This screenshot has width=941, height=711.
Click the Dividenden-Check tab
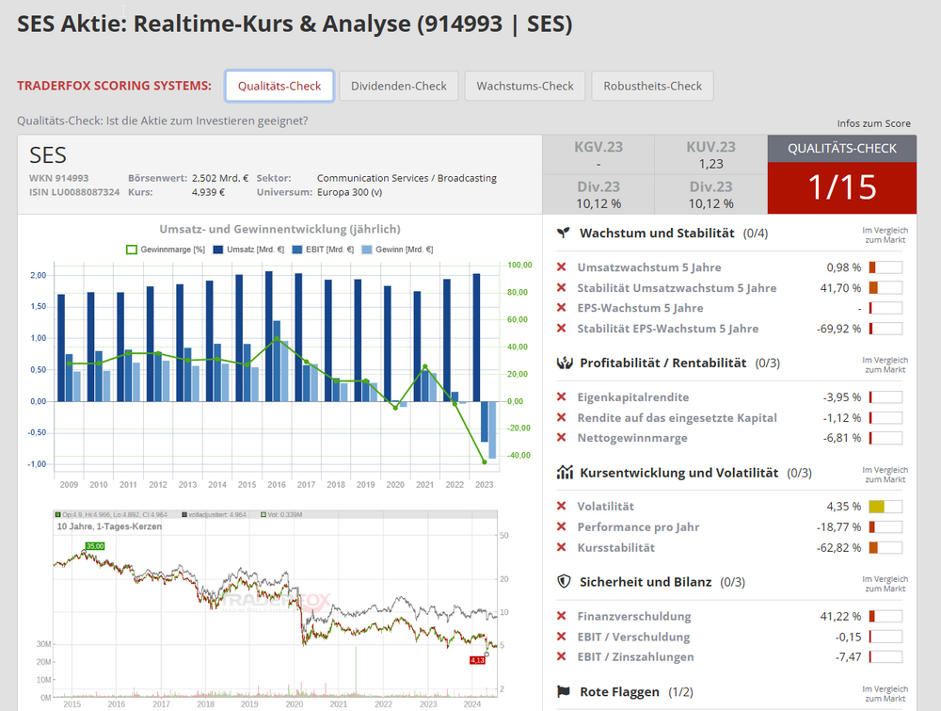(x=399, y=86)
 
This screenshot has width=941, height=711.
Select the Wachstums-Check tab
(x=525, y=86)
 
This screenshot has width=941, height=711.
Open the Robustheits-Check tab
(x=652, y=86)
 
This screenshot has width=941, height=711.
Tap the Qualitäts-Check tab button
(x=279, y=86)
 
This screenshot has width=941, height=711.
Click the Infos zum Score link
(x=873, y=123)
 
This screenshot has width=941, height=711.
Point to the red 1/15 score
(x=841, y=187)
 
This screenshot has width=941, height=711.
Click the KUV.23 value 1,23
(x=710, y=164)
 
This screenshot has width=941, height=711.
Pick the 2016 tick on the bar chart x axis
(x=277, y=484)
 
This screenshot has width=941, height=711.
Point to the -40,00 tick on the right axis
(x=516, y=456)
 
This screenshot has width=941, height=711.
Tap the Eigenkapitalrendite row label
(x=632, y=397)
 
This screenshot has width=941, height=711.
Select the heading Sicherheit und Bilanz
(x=646, y=582)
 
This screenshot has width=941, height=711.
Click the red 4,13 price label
(x=476, y=660)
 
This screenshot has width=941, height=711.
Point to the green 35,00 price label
(x=95, y=546)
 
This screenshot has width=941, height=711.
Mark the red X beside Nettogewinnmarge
(x=562, y=438)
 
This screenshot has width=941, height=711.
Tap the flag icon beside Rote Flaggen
(x=565, y=692)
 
